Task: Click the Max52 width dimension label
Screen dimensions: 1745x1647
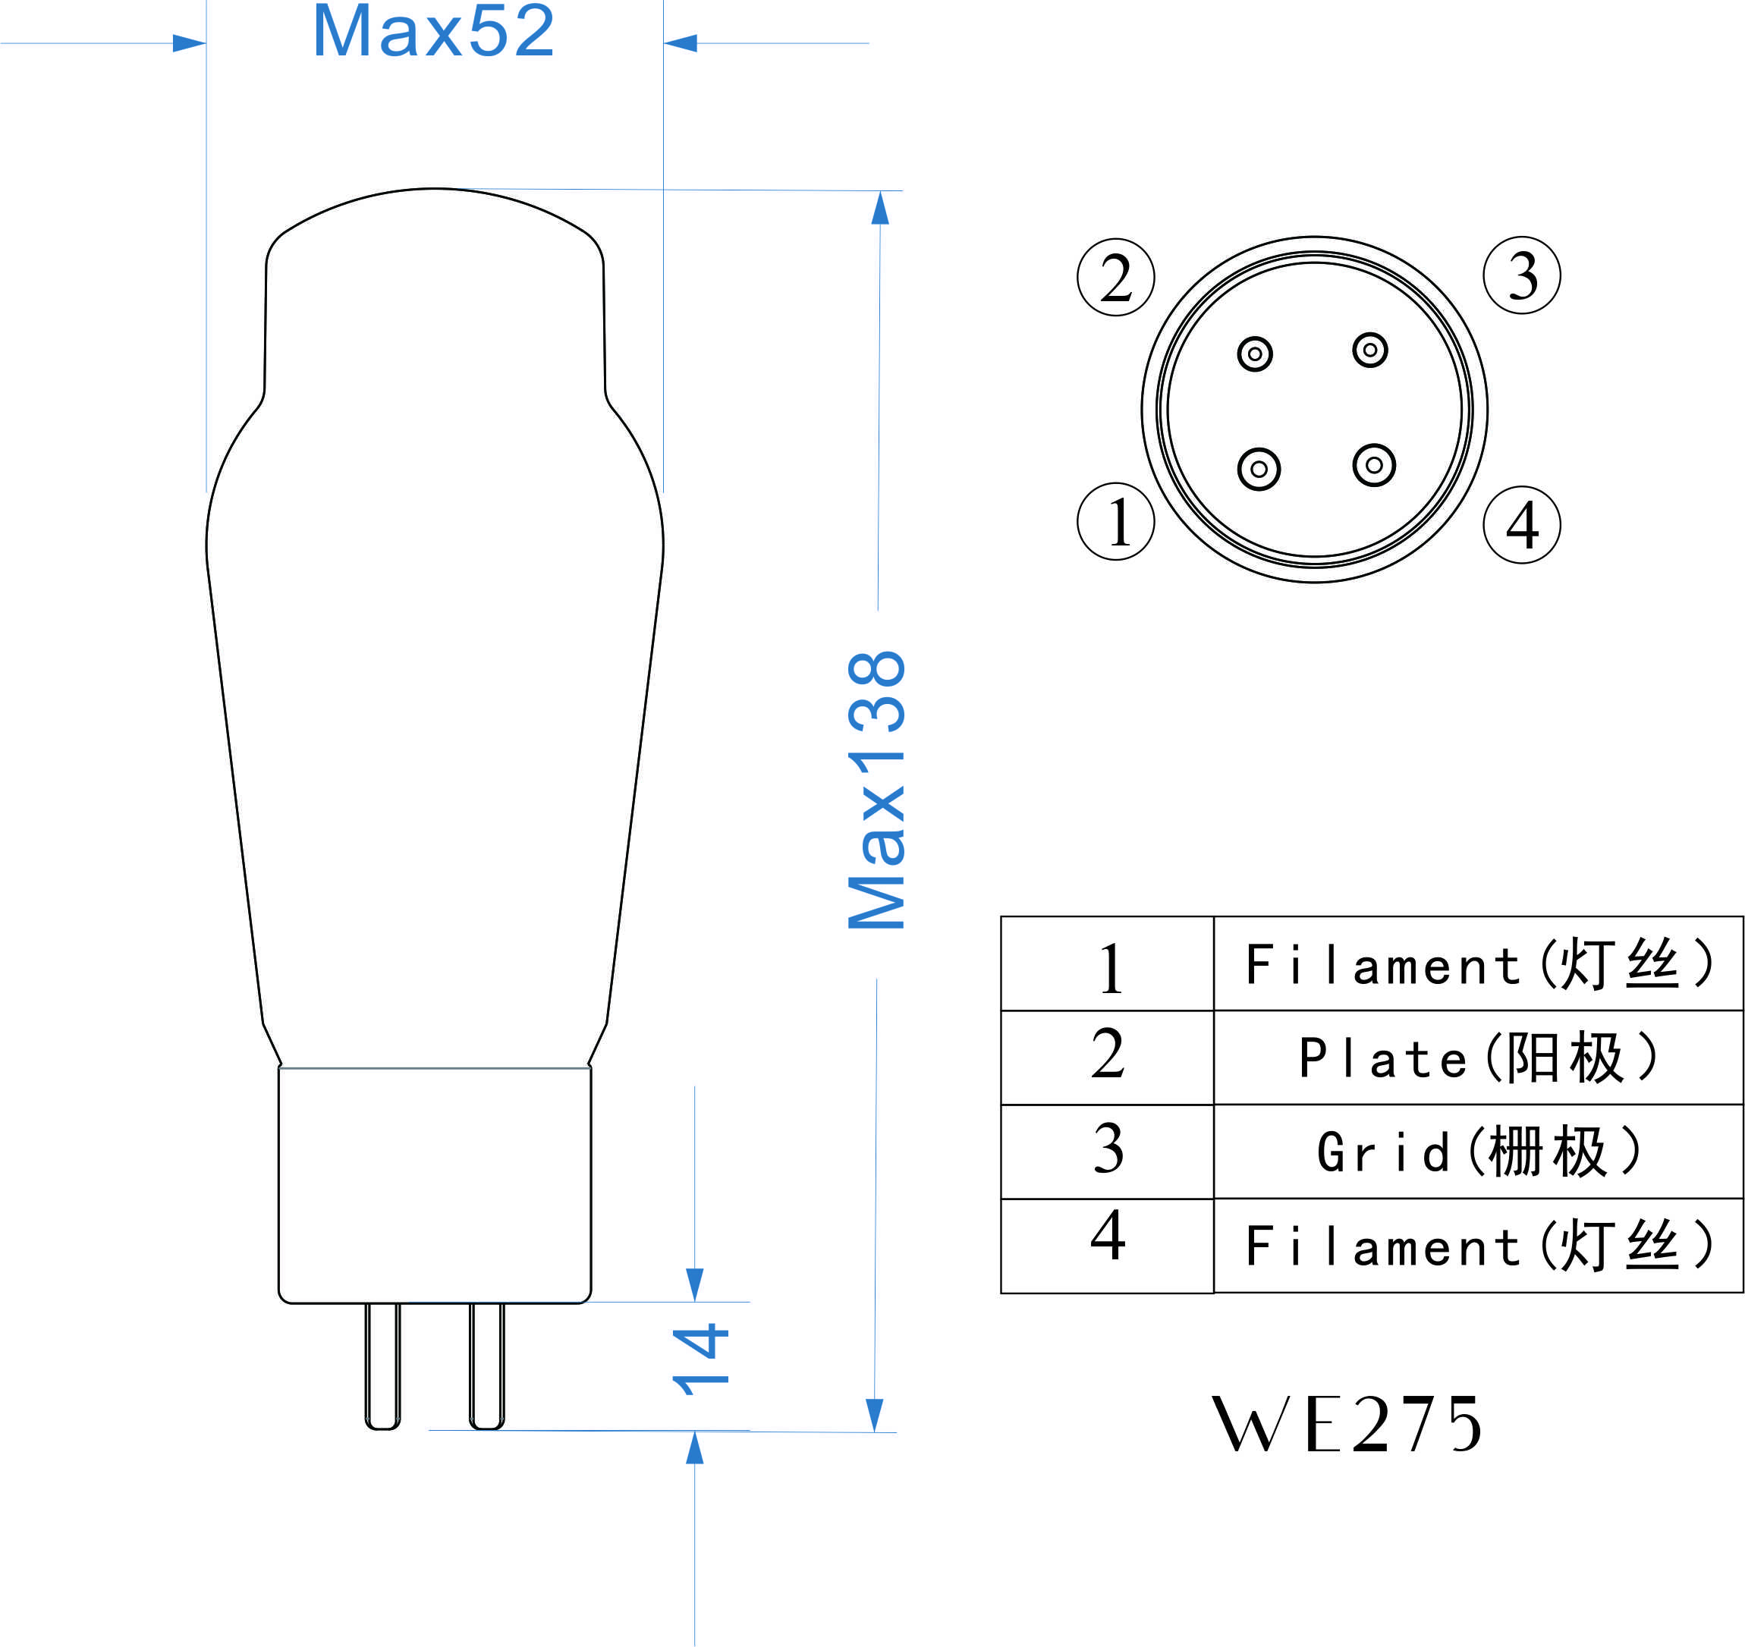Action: (434, 32)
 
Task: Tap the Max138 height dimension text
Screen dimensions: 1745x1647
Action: (876, 790)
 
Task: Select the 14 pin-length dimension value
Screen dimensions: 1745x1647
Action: (700, 1360)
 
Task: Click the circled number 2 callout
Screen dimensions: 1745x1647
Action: (1115, 278)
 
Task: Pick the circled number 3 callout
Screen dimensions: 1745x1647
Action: (1522, 275)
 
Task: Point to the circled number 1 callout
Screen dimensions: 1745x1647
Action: (1115, 521)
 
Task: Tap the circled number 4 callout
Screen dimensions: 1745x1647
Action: (1522, 525)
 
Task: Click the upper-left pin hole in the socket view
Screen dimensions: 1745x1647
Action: (1254, 354)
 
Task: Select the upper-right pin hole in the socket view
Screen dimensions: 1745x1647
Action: (1370, 350)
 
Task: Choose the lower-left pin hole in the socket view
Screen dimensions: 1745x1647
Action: (1259, 469)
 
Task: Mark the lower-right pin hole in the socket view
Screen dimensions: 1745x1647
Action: (1375, 464)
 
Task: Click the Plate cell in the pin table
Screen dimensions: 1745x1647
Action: (1478, 1058)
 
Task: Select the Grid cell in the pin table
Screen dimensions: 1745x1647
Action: (1478, 1152)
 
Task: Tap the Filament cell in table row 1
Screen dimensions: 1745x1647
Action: (1478, 964)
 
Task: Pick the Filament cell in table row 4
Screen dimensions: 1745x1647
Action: (1478, 1246)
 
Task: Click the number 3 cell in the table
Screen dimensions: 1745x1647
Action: (1108, 1152)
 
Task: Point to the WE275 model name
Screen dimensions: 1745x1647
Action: (1347, 1424)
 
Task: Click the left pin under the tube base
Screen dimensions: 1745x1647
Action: (382, 1366)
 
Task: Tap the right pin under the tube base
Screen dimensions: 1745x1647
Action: (487, 1366)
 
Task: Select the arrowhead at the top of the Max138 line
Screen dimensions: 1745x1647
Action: (880, 208)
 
